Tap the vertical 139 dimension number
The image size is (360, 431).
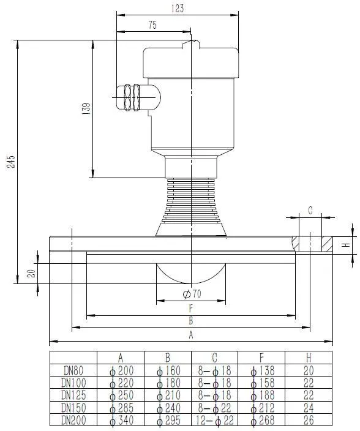86,109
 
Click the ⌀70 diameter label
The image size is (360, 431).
192,294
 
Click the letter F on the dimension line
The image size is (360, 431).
191,309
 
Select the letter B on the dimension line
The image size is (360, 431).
191,321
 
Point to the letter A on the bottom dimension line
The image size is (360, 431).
191,334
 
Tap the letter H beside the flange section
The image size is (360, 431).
345,245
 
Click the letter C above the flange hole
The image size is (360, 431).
310,210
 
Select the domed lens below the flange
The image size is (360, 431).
191,275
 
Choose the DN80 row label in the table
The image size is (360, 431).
73,370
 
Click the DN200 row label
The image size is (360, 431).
73,420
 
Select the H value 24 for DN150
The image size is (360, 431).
309,408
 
